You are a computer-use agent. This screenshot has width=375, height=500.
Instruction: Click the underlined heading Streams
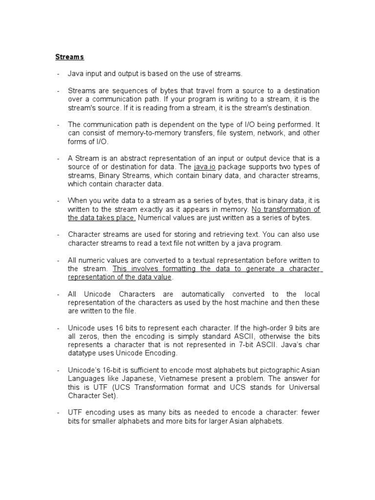tap(69, 57)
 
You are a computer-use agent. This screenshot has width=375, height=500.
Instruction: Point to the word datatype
tap(83, 353)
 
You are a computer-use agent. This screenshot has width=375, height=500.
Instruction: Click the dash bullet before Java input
tap(58, 74)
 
